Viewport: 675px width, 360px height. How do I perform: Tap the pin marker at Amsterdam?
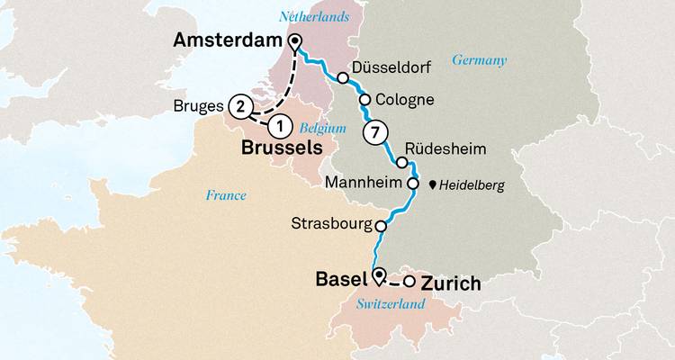pos(295,40)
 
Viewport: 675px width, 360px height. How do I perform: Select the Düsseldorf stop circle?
pos(343,78)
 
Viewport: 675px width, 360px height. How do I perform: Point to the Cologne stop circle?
pos(365,99)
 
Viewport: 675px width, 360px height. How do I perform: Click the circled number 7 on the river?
pos(376,134)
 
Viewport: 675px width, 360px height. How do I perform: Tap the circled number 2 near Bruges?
pos(240,106)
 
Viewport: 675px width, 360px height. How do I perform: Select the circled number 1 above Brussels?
pos(280,125)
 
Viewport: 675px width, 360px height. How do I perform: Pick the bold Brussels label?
pos(280,147)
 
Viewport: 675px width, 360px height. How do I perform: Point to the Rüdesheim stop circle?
pos(402,162)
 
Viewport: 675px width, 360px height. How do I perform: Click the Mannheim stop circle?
pos(413,184)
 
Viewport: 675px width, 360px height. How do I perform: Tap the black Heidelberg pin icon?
pos(433,185)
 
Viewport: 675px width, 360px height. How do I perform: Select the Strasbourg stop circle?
pos(380,226)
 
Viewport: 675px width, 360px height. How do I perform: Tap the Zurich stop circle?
pos(409,283)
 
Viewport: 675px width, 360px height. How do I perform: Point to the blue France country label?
pos(225,194)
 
